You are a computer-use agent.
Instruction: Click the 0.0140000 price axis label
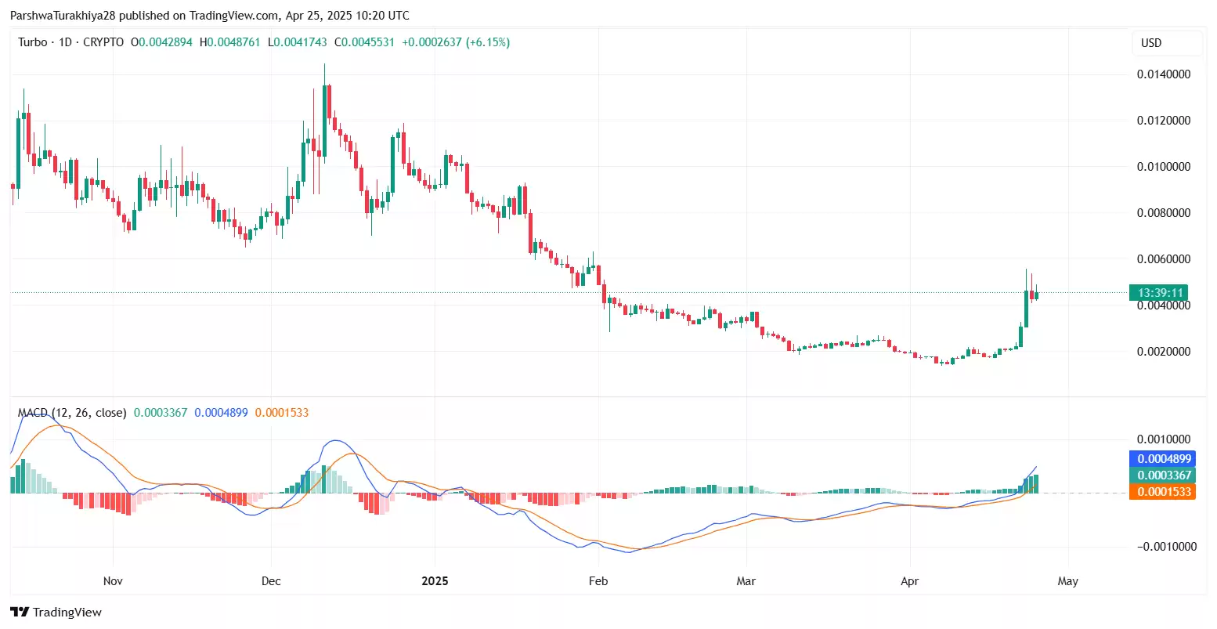coord(1164,74)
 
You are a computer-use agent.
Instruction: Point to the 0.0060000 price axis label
coord(1164,259)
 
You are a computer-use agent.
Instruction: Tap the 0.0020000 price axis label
coord(1164,352)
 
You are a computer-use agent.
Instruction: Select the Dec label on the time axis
coord(271,581)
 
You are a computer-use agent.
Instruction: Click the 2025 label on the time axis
coord(435,581)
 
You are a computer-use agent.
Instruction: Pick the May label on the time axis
coord(1067,581)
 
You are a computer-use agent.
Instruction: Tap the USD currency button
coord(1151,43)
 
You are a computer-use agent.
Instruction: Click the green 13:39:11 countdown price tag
coord(1159,293)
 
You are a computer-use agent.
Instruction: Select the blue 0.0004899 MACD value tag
coord(1164,459)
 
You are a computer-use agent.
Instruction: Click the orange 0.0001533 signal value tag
coord(1164,492)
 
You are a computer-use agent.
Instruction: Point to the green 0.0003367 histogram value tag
coord(1164,475)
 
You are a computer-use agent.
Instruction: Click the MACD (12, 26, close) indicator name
coord(72,413)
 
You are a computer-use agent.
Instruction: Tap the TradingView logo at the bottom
coord(56,613)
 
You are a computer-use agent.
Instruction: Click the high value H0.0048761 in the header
coord(230,42)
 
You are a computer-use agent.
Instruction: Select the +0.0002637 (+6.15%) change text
coord(456,42)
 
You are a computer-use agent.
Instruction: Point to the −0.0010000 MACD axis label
coord(1167,547)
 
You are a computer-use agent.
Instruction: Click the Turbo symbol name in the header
coord(33,42)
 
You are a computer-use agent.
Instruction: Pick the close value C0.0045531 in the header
coord(365,42)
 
